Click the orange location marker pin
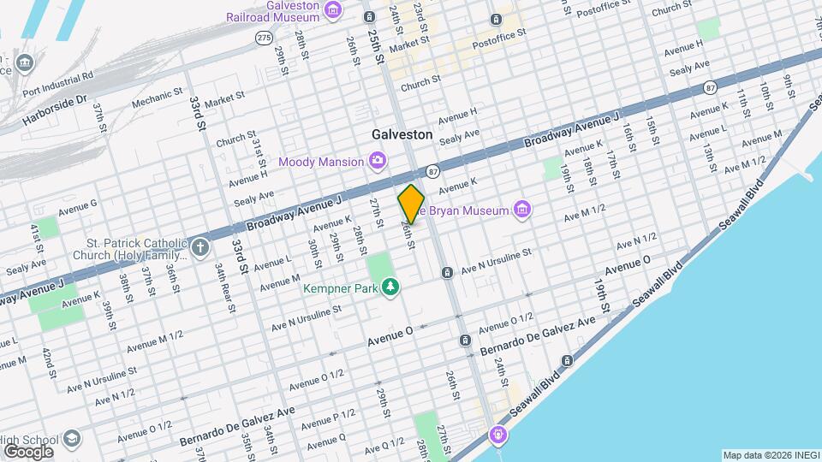[x=411, y=204]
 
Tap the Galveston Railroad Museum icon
[x=334, y=11]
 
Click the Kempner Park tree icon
[x=390, y=287]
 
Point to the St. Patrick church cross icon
[x=200, y=248]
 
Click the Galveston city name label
[x=402, y=135]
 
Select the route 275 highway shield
[x=264, y=38]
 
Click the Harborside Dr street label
[x=82, y=101]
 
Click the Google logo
[x=27, y=452]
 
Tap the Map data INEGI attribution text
[x=769, y=454]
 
